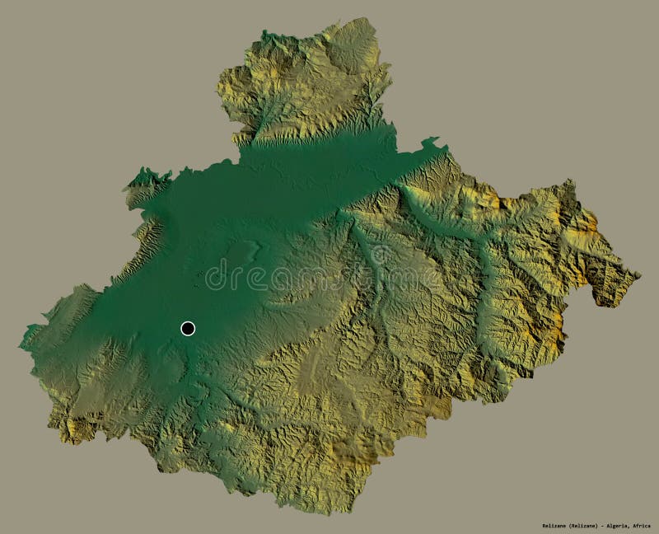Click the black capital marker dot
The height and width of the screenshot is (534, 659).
pyautogui.click(x=188, y=329)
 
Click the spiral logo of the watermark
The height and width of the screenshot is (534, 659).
pyautogui.click(x=216, y=275)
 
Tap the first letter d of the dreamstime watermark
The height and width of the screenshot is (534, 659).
pyautogui.click(x=239, y=277)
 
